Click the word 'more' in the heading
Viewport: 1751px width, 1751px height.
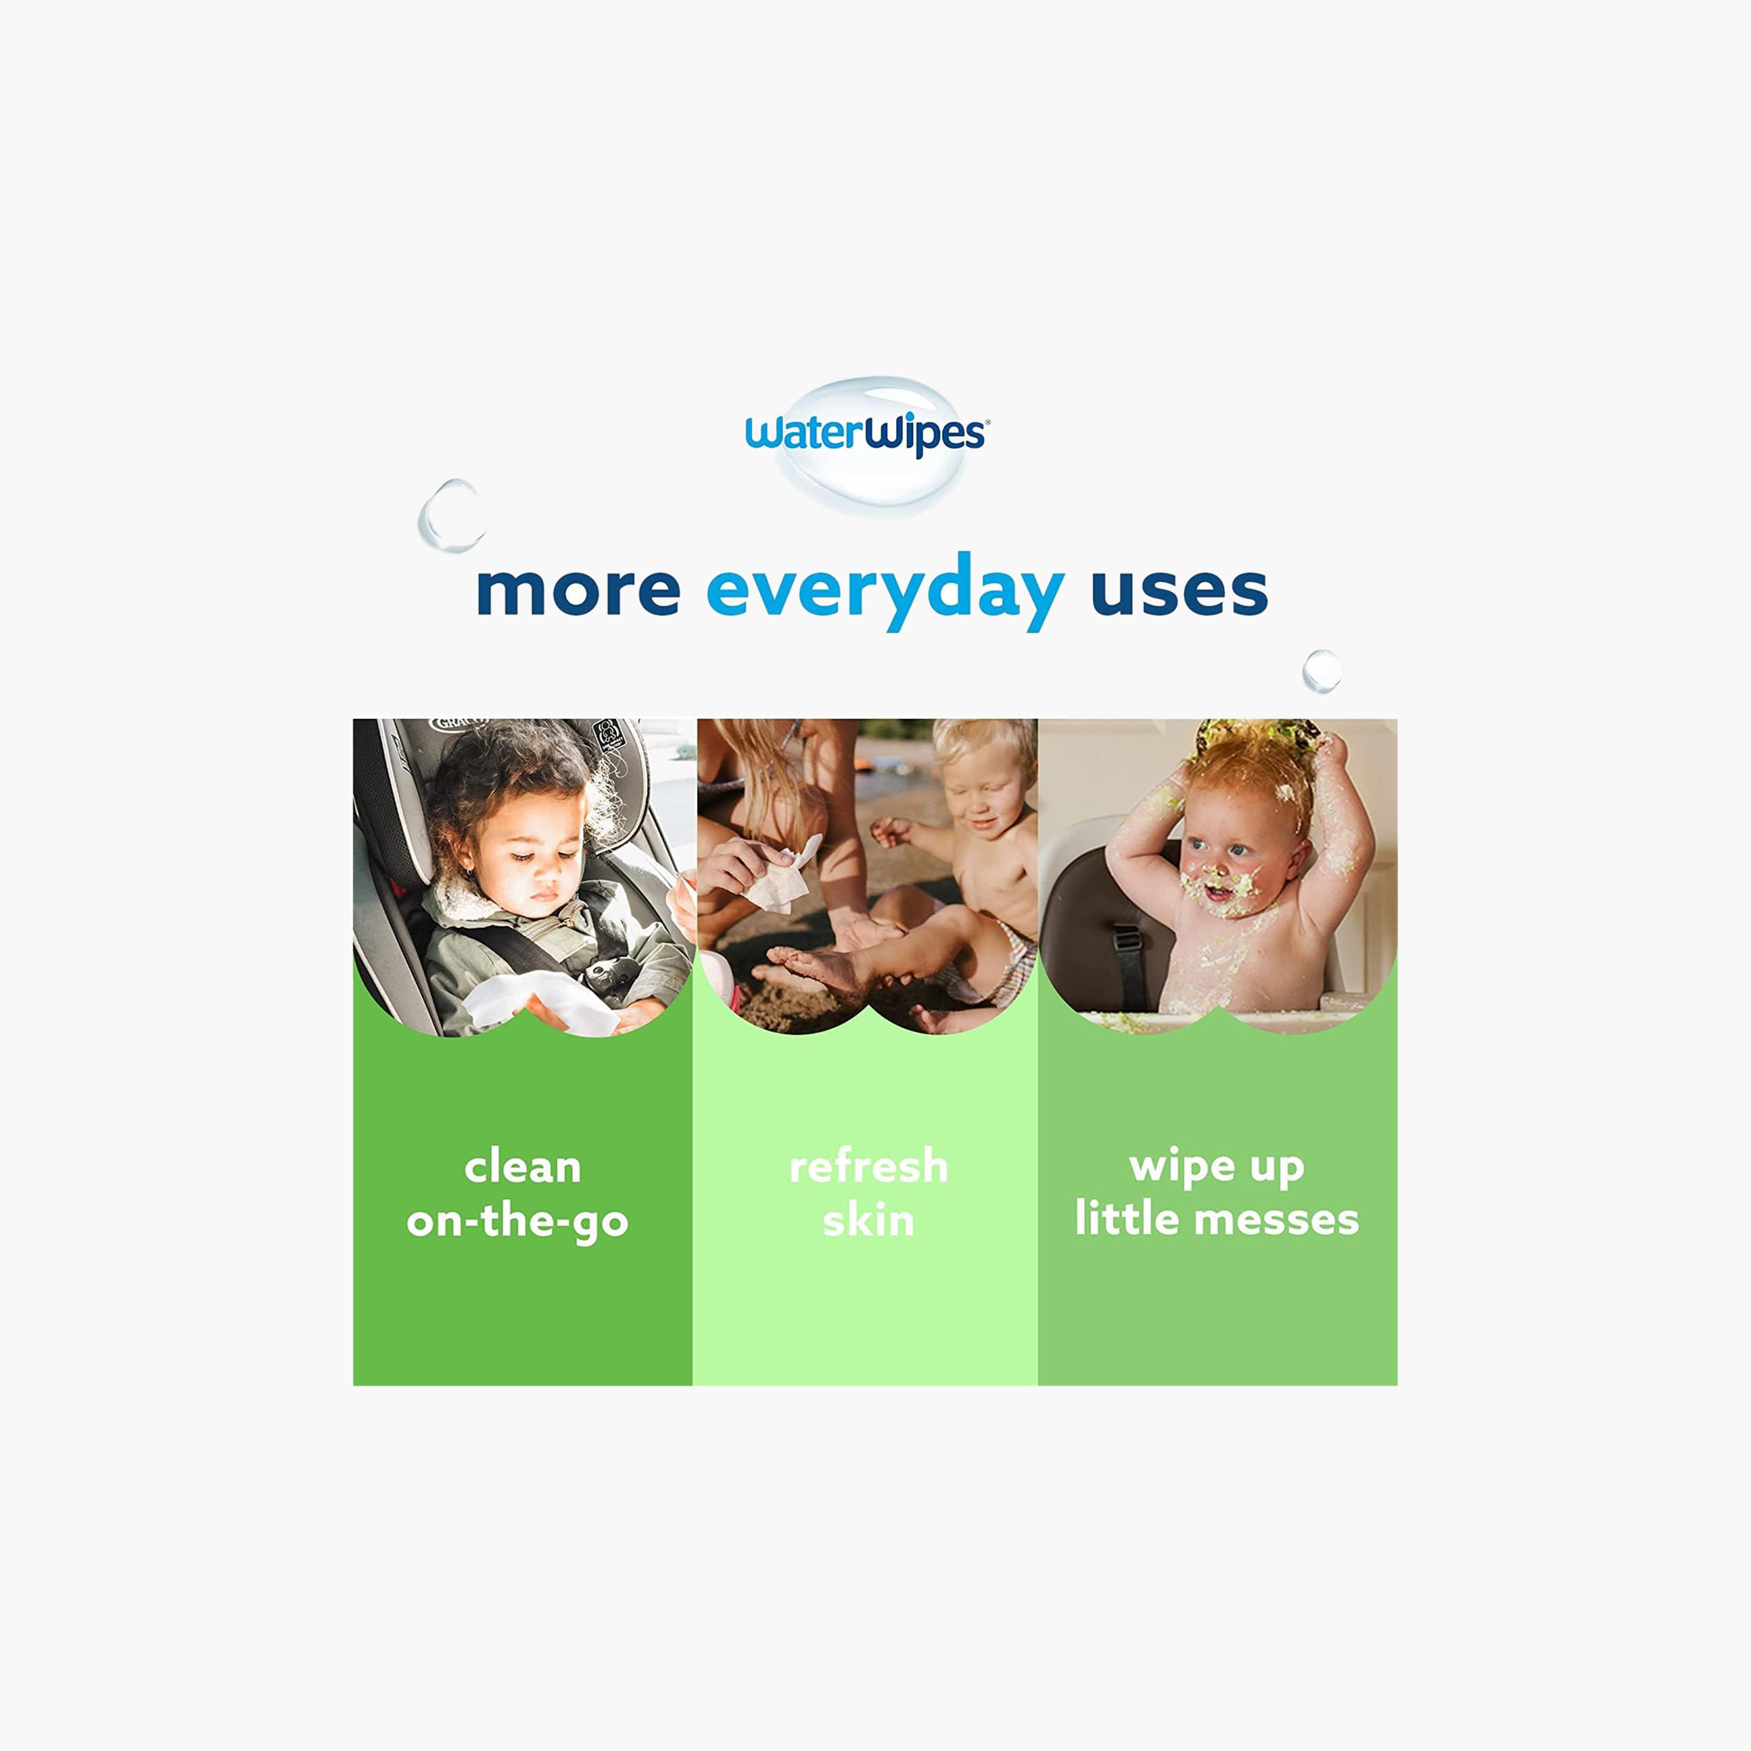pos(578,591)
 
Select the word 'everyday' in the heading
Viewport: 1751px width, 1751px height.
pos(886,591)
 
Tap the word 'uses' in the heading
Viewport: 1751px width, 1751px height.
pos(1179,591)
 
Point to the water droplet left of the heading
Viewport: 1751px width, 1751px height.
pos(451,515)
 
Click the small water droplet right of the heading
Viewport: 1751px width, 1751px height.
pos(1322,670)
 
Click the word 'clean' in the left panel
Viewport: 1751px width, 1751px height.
pos(522,1166)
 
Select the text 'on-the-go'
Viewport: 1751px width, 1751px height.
pos(518,1222)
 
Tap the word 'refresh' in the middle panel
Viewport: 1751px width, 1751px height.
pos(868,1166)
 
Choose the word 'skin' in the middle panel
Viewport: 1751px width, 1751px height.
pos(868,1220)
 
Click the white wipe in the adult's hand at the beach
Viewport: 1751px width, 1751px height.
pos(781,875)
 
